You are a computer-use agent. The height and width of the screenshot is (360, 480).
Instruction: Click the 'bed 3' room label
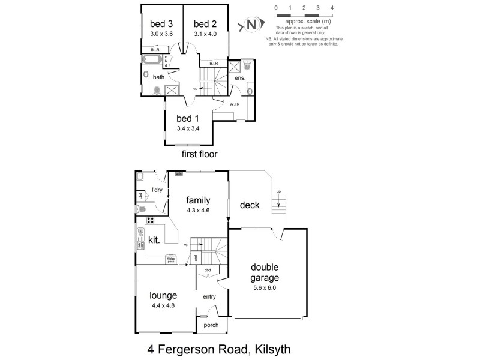(x=161, y=24)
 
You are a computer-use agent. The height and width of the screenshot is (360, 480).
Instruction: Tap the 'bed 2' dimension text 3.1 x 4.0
(x=205, y=34)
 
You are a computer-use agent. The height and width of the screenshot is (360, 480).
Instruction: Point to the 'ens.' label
(x=239, y=78)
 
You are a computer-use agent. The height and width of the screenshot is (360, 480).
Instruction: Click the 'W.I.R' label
(x=235, y=104)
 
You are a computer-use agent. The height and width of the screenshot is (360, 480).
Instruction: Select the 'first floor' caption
(x=199, y=154)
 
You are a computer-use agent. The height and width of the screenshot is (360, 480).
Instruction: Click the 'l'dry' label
(x=157, y=190)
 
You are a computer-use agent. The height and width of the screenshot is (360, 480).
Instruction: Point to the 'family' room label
(x=198, y=200)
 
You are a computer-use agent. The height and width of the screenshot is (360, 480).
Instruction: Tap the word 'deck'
(x=249, y=205)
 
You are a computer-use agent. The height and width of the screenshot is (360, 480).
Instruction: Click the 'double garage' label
(x=265, y=272)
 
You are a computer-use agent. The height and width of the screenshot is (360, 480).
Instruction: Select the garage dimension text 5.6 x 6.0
(x=265, y=287)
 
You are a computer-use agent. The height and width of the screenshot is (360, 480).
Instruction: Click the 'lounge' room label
(x=163, y=295)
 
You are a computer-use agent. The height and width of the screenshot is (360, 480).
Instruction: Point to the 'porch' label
(x=211, y=326)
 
